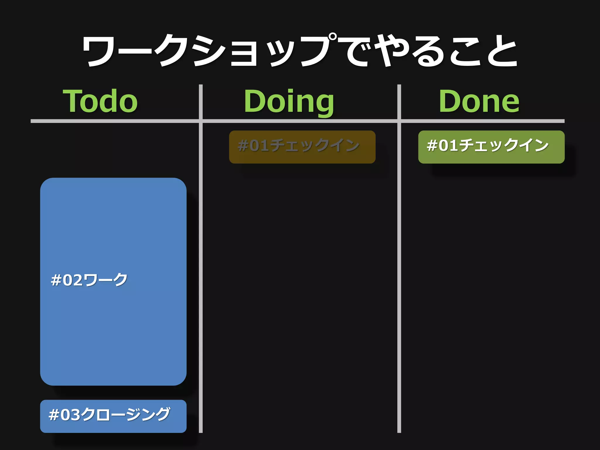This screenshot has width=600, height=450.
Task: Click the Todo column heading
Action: [100, 101]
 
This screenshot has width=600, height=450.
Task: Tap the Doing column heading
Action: [289, 101]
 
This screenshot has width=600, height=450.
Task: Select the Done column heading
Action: [479, 101]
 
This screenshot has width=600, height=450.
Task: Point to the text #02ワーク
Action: [89, 280]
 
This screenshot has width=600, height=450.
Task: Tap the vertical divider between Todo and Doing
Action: [201, 264]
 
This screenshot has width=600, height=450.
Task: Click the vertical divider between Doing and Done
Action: [399, 264]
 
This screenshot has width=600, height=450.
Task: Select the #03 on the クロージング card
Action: [64, 415]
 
